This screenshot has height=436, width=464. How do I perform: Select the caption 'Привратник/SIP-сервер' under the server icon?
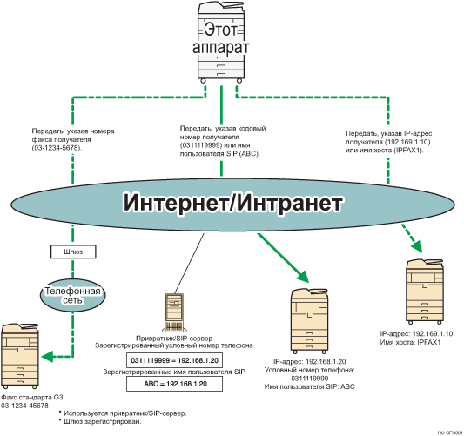tap(171, 335)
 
